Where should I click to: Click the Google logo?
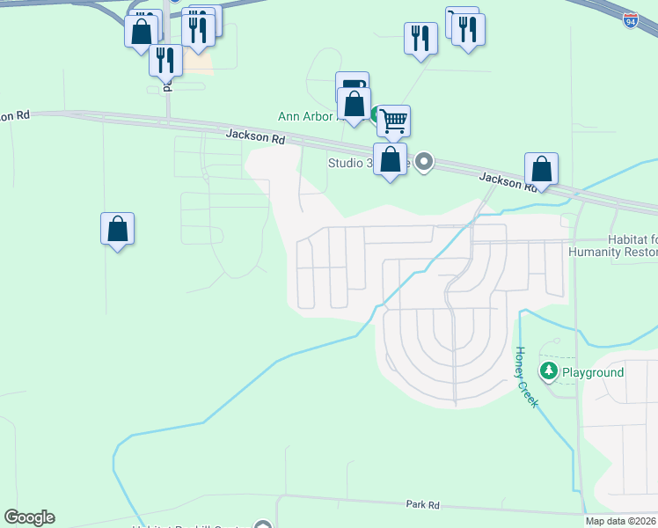(29, 517)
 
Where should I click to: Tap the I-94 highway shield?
(631, 18)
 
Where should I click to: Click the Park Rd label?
(422, 504)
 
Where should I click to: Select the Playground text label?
(593, 372)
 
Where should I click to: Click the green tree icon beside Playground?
(550, 371)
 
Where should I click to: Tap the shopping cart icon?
(393, 120)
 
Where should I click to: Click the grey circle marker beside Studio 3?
(424, 161)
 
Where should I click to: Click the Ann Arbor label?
(306, 116)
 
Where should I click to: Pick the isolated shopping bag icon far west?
(117, 229)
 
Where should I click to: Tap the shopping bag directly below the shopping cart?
(390, 160)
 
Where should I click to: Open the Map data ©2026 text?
(620, 521)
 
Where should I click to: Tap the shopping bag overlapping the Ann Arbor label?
(354, 104)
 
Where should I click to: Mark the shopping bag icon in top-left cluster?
(141, 33)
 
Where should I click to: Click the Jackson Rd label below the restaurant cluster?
(255, 136)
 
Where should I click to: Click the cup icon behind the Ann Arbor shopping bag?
(352, 84)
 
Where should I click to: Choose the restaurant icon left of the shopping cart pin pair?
(420, 38)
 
